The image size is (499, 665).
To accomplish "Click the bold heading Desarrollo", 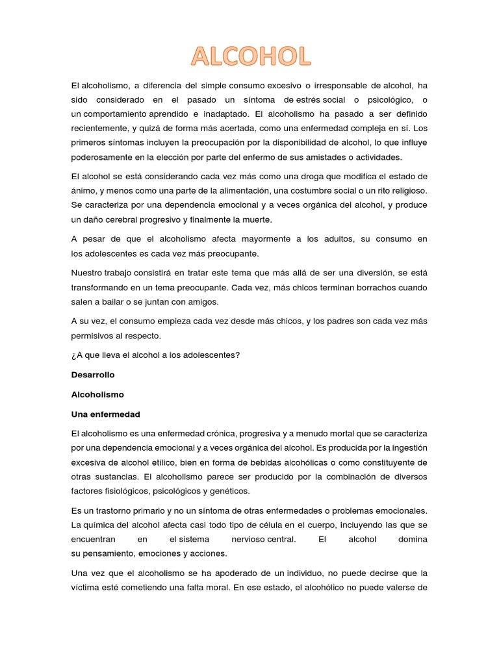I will point(93,375).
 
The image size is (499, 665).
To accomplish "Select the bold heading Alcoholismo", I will point(97,394).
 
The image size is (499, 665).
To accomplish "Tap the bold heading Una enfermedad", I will point(105,414).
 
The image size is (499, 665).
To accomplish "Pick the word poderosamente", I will point(101,157).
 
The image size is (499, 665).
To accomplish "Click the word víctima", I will point(88,588).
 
